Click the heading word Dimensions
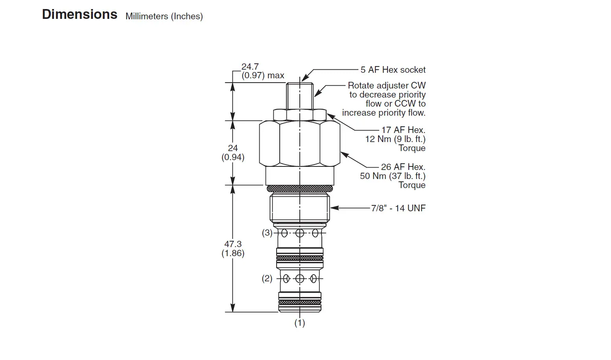pos(79,14)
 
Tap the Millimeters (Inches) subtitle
pos(164,17)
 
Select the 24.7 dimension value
pos(250,66)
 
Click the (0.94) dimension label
pos(233,157)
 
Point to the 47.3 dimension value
pos(233,244)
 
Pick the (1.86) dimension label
pos(233,253)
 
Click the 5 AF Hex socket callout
pos(393,70)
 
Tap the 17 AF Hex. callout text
pos(403,130)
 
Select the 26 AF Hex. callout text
pos(403,167)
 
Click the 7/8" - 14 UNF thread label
pos(398,209)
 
